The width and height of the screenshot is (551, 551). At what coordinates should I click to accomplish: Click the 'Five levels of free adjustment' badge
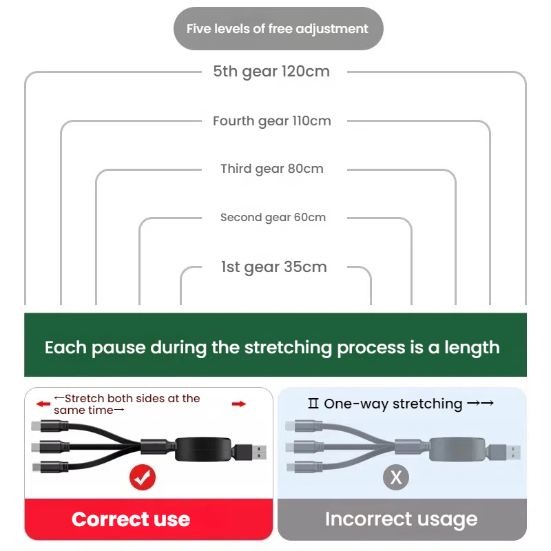pos(278,28)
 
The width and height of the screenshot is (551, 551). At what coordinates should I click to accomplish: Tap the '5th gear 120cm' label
pos(271,72)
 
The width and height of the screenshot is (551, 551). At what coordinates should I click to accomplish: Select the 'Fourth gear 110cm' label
pos(271,121)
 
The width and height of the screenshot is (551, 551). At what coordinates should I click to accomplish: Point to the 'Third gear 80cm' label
pos(271,169)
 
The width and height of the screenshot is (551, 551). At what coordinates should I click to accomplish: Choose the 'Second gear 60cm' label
pos(273,218)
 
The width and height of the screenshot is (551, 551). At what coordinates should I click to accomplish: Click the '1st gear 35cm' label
pos(273,267)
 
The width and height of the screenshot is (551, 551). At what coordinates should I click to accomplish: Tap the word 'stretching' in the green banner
pos(288,348)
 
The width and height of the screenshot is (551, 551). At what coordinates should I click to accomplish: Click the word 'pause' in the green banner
pos(118,349)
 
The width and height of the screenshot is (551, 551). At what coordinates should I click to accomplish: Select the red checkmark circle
pos(143,477)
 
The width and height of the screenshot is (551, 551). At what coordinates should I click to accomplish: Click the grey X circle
pos(396,477)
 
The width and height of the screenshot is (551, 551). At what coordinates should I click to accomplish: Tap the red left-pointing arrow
pos(43,404)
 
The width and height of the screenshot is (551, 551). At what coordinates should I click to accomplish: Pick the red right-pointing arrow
pos(239,404)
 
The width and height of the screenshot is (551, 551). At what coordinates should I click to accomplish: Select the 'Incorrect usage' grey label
pos(402,519)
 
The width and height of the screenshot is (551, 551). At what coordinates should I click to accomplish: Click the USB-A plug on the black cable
pos(250,452)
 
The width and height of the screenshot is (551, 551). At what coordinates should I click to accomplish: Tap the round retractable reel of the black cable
pos(203,449)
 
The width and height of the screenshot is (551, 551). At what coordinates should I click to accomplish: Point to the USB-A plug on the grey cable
pos(504,452)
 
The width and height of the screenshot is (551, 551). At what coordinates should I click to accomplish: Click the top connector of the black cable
pos(50,426)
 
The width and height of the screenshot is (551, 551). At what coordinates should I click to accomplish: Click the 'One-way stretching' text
pos(393,404)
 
